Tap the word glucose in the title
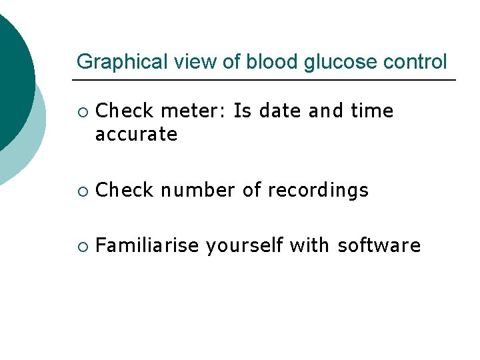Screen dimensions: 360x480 pyautogui.click(x=332, y=62)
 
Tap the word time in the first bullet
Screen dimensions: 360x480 pyautogui.click(x=373, y=111)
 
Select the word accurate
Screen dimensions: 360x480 pyautogui.click(x=136, y=135)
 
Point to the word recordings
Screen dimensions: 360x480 pyautogui.click(x=318, y=190)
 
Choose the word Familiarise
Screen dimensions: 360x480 pyautogui.click(x=147, y=245)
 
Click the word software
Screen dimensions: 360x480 pyautogui.click(x=379, y=245)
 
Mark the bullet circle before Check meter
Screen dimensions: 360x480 pyautogui.click(x=81, y=111)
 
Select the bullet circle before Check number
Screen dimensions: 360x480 pyautogui.click(x=81, y=191)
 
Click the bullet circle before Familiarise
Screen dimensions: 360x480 pyautogui.click(x=81, y=246)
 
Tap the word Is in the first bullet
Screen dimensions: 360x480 pyautogui.click(x=243, y=111)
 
